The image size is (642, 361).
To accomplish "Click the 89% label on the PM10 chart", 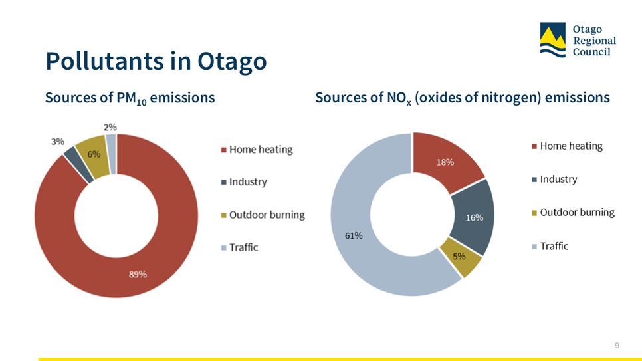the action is point(138,275).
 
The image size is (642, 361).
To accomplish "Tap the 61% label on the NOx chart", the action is point(354,235).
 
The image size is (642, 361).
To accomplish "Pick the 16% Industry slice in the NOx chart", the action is point(473,217).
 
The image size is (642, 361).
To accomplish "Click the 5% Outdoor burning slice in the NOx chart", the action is point(460,257).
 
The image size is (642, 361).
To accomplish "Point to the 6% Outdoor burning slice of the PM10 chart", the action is point(92,156).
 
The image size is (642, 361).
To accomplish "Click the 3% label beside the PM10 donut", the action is point(57,142).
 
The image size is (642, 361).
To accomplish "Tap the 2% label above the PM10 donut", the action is point(110,127).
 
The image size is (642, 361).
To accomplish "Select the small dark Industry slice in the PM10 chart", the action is point(78,164).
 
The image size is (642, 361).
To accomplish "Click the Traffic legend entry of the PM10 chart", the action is point(239,247).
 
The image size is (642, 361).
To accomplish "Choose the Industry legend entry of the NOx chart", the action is point(554,179).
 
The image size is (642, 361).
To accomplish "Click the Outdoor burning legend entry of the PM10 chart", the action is point(263,215).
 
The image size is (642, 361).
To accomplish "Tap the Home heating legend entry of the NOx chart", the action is point(567,146).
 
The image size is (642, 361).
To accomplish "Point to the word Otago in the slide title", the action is point(232,61).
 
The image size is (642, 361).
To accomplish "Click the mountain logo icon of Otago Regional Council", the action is point(552,40).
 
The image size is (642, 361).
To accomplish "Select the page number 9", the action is point(617,346).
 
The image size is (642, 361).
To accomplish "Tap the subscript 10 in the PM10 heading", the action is point(142,102).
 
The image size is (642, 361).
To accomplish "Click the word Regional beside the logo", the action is point(594,41).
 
